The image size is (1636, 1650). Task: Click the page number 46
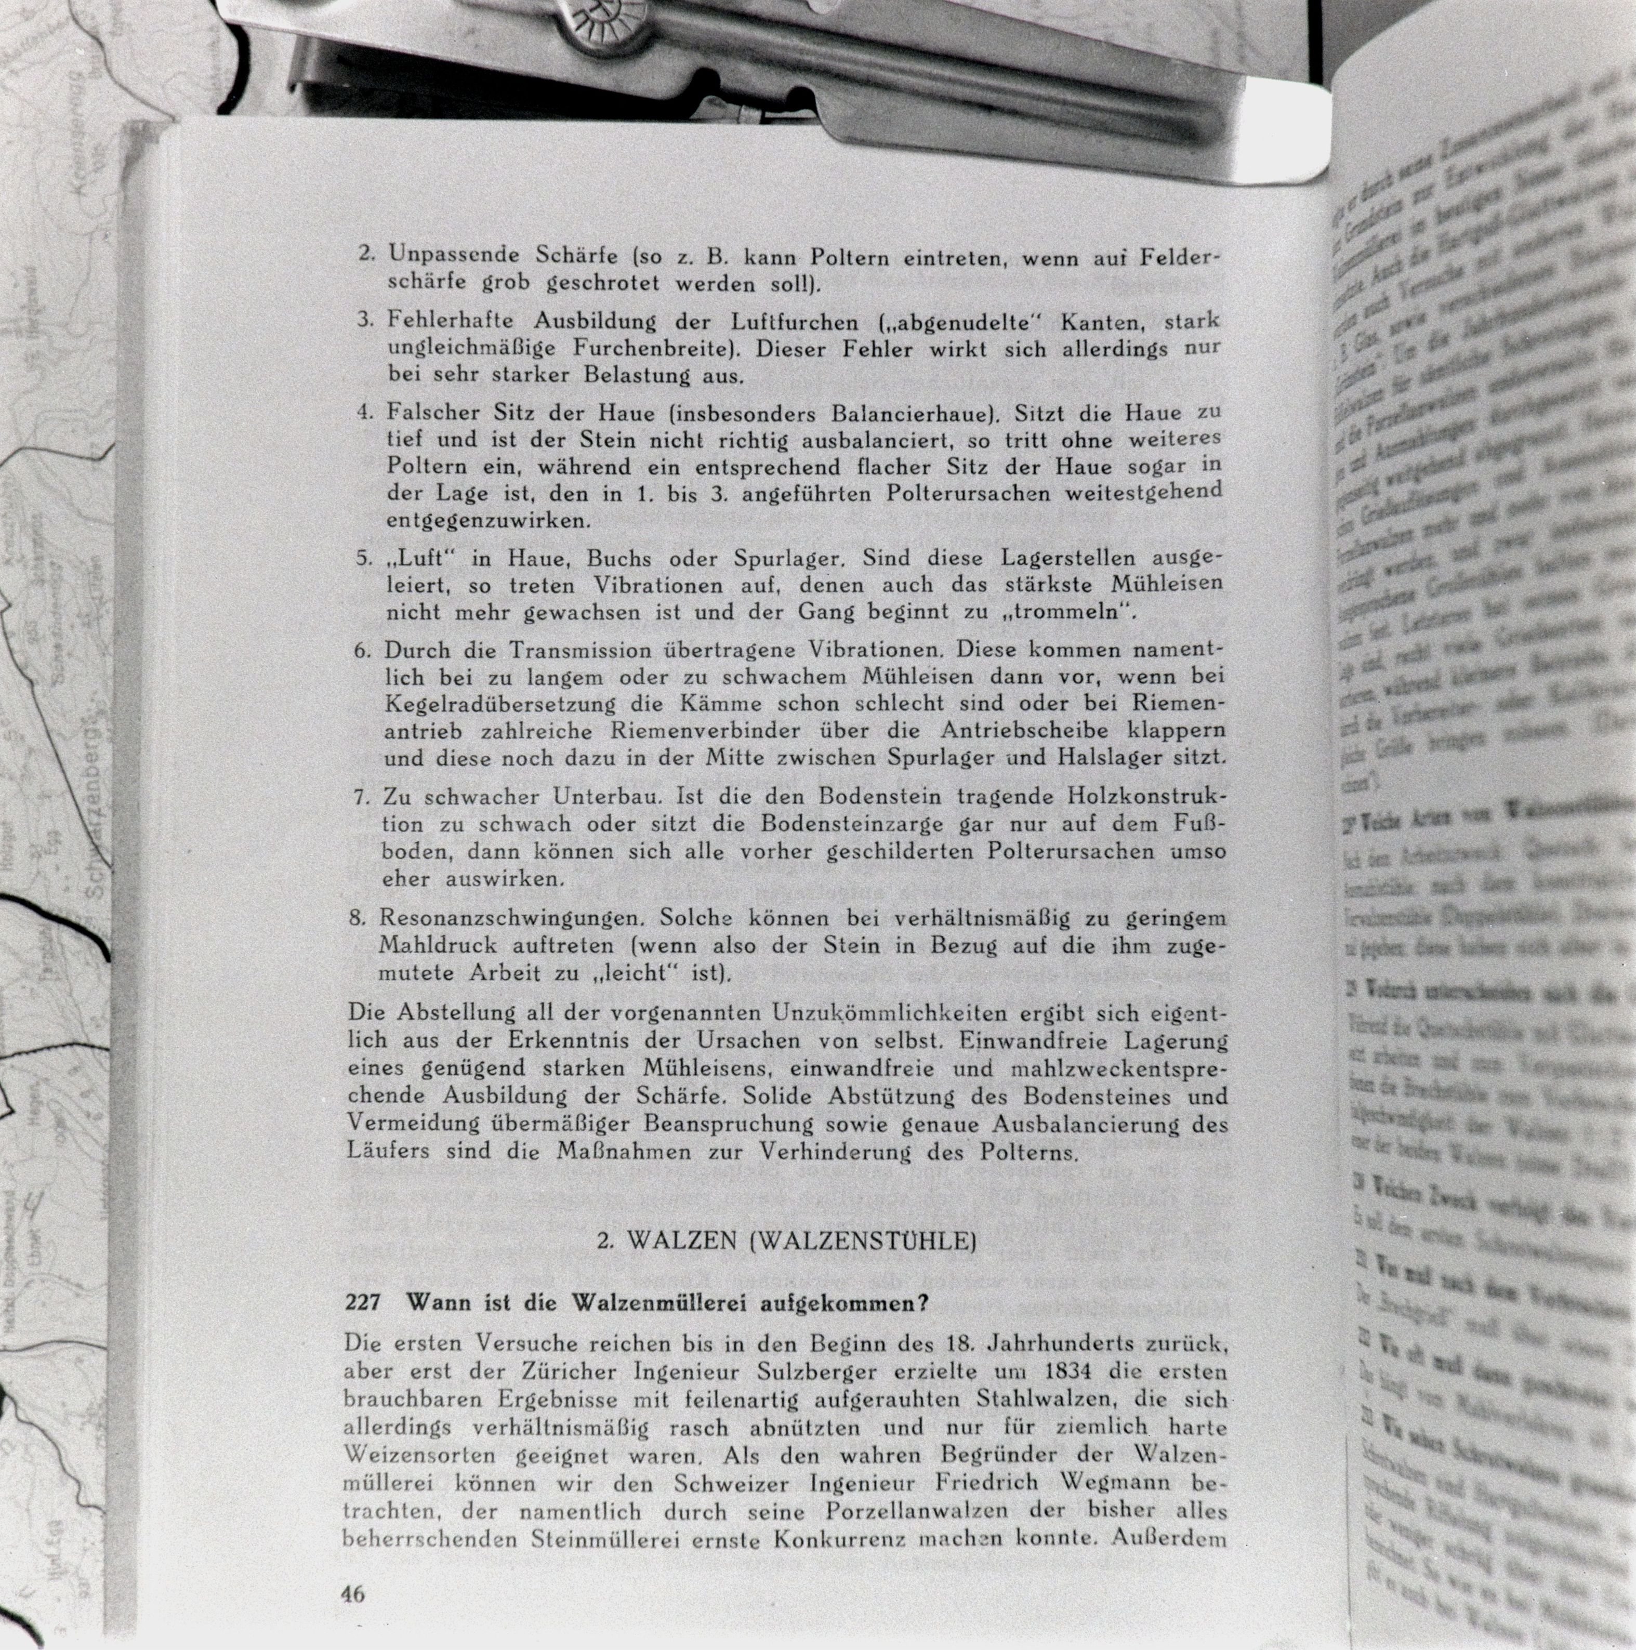point(353,1594)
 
